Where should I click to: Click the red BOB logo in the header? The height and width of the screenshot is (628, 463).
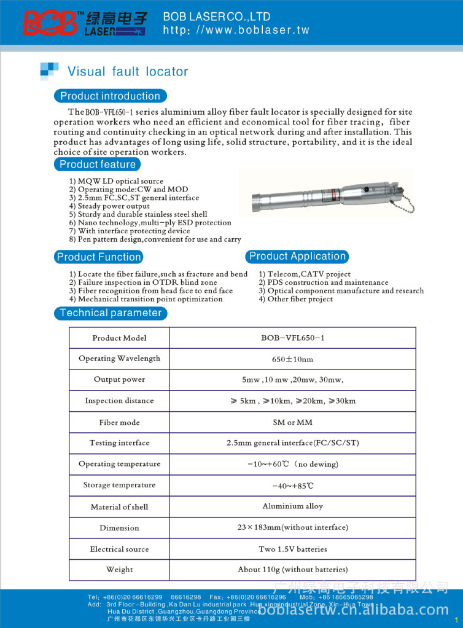pyautogui.click(x=50, y=23)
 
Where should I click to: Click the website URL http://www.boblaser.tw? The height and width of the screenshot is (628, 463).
pyautogui.click(x=236, y=30)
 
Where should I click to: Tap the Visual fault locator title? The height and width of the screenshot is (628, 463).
pyautogui.click(x=128, y=72)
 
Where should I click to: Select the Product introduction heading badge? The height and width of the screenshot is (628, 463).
pyautogui.click(x=110, y=96)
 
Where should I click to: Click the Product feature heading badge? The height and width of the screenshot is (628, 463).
pyautogui.click(x=97, y=165)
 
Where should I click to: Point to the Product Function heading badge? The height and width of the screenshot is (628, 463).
pyautogui.click(x=99, y=257)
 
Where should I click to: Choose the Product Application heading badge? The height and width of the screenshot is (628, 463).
pyautogui.click(x=297, y=257)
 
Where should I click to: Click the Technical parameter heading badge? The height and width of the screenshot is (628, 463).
pyautogui.click(x=111, y=313)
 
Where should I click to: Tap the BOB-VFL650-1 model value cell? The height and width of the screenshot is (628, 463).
pyautogui.click(x=292, y=338)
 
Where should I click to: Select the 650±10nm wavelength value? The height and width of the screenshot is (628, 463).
pyautogui.click(x=292, y=359)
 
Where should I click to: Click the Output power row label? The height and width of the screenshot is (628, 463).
pyautogui.click(x=119, y=379)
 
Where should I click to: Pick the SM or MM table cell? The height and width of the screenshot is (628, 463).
pyautogui.click(x=292, y=422)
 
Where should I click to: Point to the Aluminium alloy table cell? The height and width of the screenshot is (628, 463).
pyautogui.click(x=292, y=506)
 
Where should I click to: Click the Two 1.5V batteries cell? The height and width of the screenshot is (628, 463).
pyautogui.click(x=292, y=549)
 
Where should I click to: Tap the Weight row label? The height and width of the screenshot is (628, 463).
pyautogui.click(x=119, y=570)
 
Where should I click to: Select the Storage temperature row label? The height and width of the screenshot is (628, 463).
pyautogui.click(x=119, y=485)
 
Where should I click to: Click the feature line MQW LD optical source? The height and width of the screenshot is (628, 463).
pyautogui.click(x=116, y=182)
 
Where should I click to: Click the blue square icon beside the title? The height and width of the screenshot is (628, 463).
pyautogui.click(x=49, y=71)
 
